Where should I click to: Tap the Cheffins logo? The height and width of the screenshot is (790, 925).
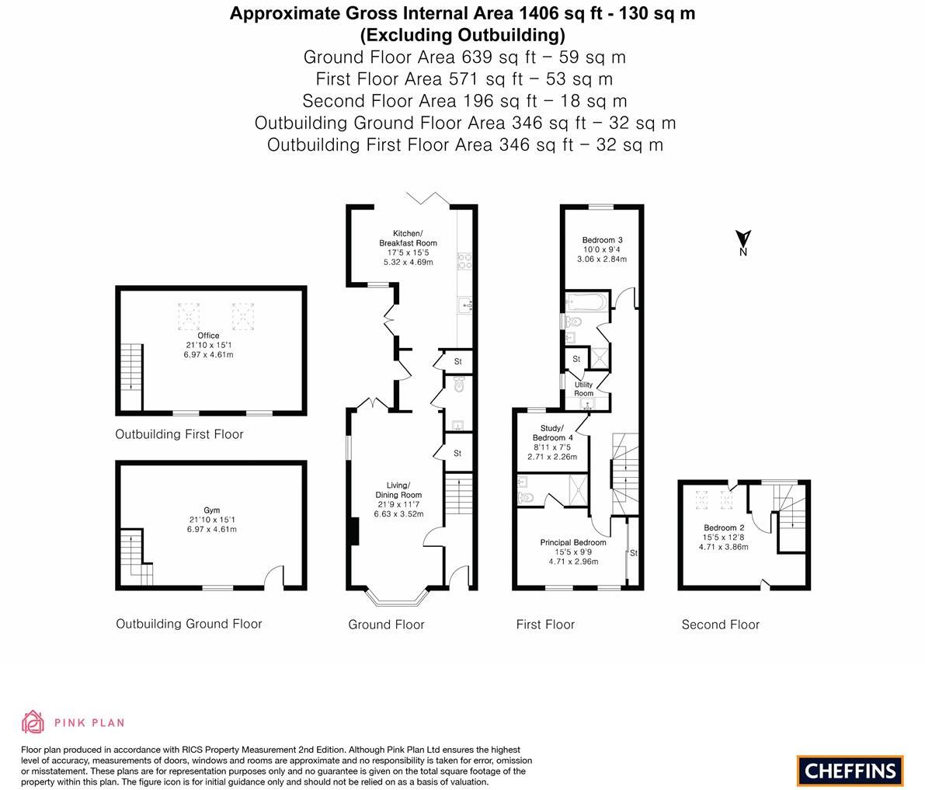coord(850,771)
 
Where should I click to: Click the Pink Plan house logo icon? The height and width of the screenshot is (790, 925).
coord(33,722)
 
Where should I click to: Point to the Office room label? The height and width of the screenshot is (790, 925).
coord(208,336)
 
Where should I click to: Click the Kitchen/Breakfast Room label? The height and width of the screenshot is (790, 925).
coord(408,238)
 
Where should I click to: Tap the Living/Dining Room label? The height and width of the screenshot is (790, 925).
coord(398,490)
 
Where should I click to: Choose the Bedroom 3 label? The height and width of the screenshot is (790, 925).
coord(602,240)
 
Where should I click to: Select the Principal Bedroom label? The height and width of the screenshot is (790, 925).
coord(573,542)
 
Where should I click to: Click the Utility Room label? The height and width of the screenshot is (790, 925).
coord(583,388)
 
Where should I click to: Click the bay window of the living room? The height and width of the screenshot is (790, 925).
coord(397,598)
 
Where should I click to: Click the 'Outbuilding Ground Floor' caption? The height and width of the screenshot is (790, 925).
coord(189,624)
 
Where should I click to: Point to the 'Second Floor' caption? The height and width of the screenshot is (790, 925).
coord(720,625)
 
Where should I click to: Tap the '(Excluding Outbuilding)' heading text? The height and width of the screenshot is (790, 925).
coord(462,35)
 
